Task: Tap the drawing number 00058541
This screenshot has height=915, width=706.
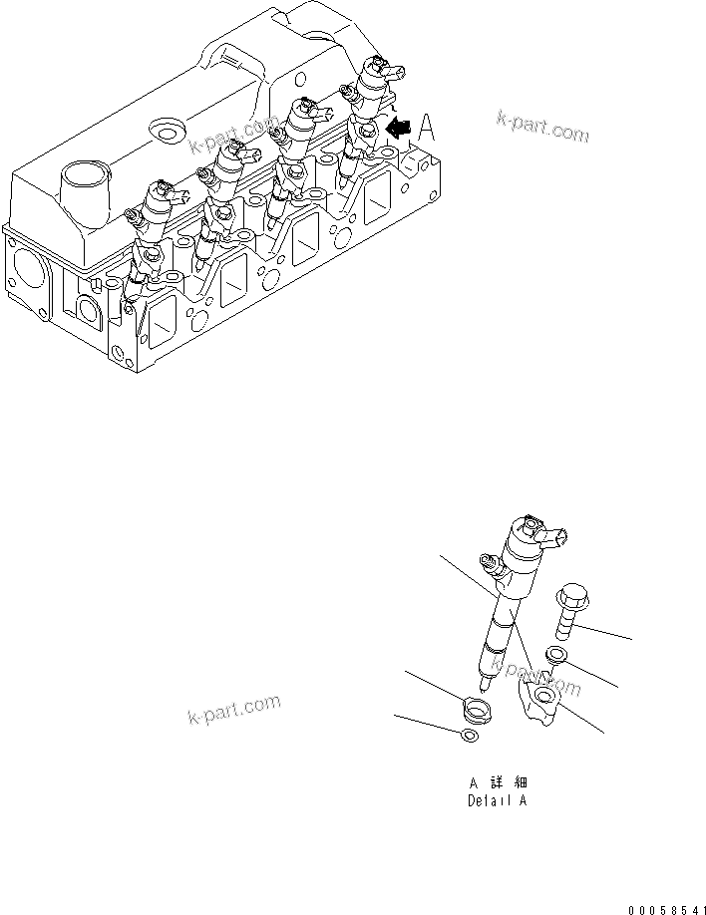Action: click(x=666, y=909)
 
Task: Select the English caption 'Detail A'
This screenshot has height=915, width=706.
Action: click(x=496, y=800)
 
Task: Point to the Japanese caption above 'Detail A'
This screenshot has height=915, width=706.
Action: click(x=496, y=783)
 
